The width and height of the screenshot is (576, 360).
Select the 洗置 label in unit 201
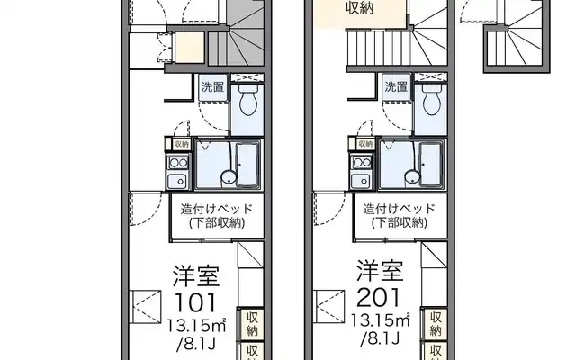coord(396,87)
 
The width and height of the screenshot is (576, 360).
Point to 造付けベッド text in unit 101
coord(216,209)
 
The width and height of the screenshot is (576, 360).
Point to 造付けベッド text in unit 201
coord(400,209)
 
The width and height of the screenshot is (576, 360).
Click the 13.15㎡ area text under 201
coord(379,321)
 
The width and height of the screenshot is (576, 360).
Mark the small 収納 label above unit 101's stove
coord(181,144)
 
